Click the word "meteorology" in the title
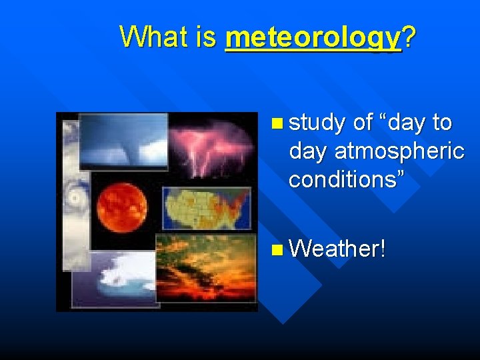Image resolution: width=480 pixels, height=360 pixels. [x=313, y=37]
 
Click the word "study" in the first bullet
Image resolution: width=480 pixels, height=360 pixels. [x=317, y=123]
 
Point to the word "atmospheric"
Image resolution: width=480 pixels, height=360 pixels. [x=399, y=151]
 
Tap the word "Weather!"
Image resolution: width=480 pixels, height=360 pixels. [x=338, y=249]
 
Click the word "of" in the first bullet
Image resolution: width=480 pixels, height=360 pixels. [x=363, y=123]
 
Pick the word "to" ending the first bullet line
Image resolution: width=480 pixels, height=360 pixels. [x=442, y=123]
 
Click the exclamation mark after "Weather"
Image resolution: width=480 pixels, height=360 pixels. [x=382, y=249]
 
